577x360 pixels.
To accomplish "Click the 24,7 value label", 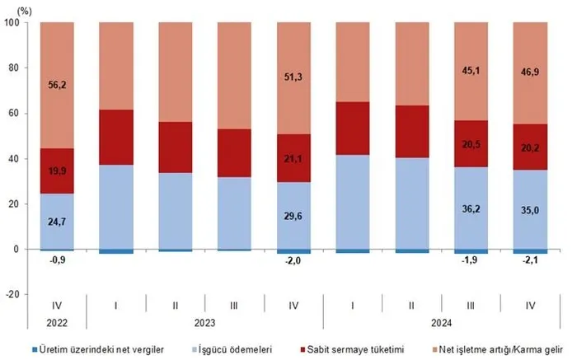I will pos(56,222).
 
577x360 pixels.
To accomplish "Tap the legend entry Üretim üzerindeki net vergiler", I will pos(101,350).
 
